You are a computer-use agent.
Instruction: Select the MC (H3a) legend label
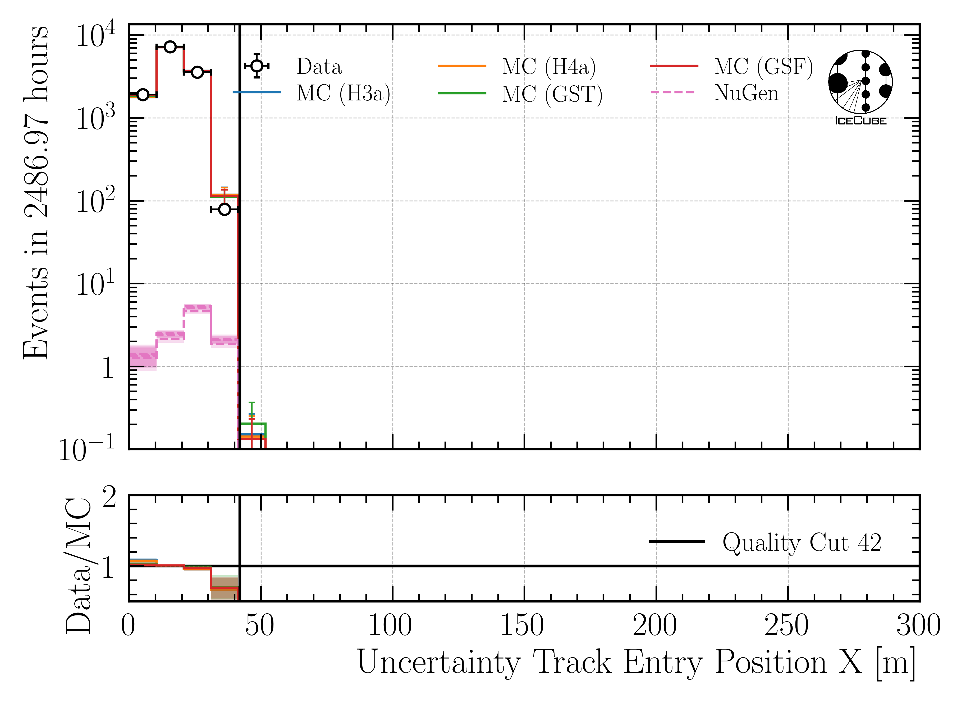pos(343,94)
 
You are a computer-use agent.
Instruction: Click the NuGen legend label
pos(746,94)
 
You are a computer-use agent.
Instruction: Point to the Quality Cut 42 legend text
pos(802,543)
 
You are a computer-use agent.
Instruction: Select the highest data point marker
pos(170,47)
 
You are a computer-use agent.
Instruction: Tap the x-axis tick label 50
pos(259,626)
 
